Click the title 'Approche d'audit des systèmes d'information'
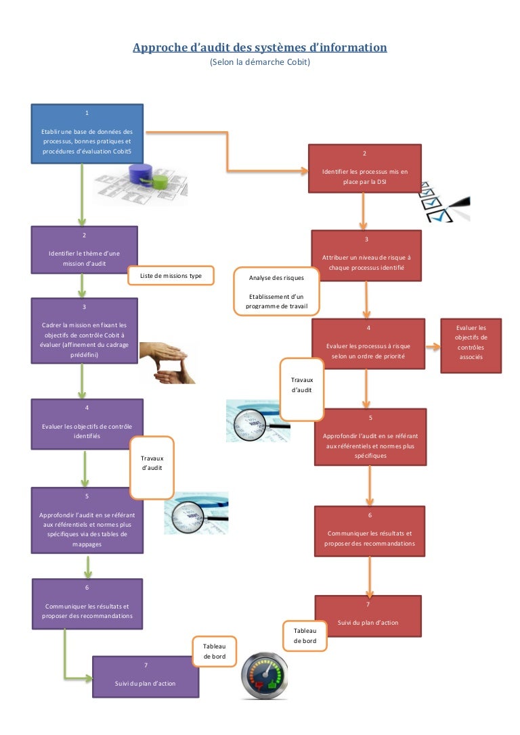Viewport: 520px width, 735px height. (260, 47)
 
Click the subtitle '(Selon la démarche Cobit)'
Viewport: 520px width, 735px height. (260, 62)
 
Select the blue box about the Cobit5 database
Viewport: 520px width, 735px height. (87, 133)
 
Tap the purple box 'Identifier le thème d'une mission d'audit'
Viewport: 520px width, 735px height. (84, 250)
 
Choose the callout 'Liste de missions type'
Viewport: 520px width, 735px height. (171, 276)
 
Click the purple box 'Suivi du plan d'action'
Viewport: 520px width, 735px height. (145, 676)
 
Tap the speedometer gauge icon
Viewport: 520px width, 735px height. (266, 675)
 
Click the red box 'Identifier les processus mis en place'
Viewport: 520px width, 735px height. (364, 168)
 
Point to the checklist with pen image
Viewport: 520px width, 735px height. (443, 201)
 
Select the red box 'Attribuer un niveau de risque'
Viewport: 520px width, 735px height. (366, 256)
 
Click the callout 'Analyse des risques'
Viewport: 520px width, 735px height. (276, 291)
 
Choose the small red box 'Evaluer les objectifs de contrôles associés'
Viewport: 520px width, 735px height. (471, 346)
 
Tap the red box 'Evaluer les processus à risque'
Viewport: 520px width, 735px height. (368, 343)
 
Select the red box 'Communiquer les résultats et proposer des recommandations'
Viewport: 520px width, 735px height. (370, 531)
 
